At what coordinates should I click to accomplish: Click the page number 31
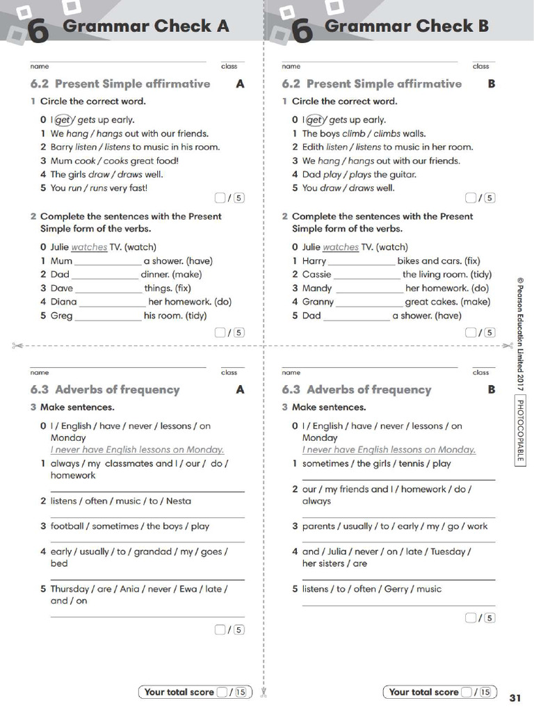(515, 697)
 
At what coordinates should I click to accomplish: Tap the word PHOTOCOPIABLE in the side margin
(520, 431)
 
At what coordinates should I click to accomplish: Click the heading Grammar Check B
(407, 26)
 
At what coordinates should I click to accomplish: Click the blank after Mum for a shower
(107, 261)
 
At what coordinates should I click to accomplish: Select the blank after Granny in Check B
(369, 302)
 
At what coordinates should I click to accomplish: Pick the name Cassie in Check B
(316, 275)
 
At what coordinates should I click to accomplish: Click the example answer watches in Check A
(89, 247)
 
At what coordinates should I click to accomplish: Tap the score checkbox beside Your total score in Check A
(222, 692)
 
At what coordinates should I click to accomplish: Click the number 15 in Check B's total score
(485, 692)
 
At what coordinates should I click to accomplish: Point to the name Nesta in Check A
(178, 501)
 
